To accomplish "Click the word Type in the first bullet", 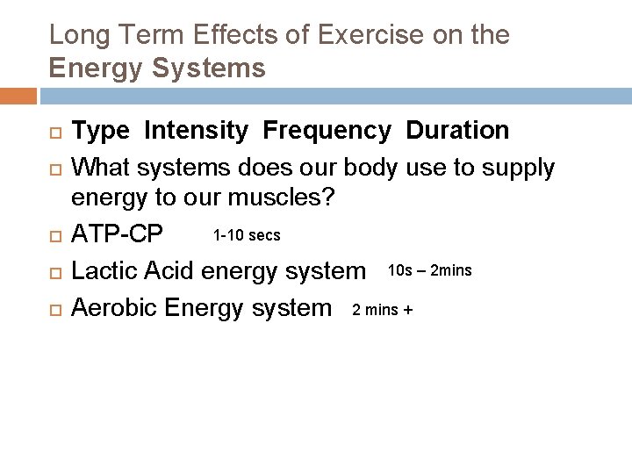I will point(101,131).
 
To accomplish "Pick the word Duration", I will point(456,131).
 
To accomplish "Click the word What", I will point(102,166).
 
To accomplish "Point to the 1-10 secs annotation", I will point(246,235).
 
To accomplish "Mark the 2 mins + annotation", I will point(382,308).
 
